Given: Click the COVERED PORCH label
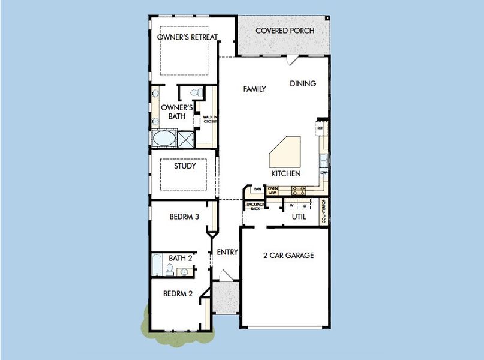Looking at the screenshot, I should [x=285, y=31].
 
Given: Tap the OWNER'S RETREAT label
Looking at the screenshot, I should [x=187, y=37].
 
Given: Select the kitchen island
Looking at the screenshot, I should [x=285, y=152].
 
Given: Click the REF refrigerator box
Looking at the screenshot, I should [x=320, y=128].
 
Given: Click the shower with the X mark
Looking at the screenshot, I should [x=185, y=139].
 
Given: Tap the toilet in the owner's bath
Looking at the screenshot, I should [x=194, y=93].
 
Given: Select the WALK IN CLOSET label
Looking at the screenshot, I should [x=209, y=119].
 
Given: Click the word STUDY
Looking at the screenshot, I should [x=185, y=166].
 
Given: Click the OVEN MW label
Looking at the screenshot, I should [x=273, y=191].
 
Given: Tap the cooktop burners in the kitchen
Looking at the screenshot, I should [x=298, y=190].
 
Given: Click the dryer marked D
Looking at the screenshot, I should [x=305, y=206].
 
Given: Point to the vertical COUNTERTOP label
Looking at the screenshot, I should [x=324, y=211].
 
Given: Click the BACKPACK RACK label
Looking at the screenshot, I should [x=252, y=206].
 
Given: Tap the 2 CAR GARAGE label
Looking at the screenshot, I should [x=288, y=256].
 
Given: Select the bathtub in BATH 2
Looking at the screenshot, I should [x=157, y=263].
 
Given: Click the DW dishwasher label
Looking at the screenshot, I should [x=323, y=173].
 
